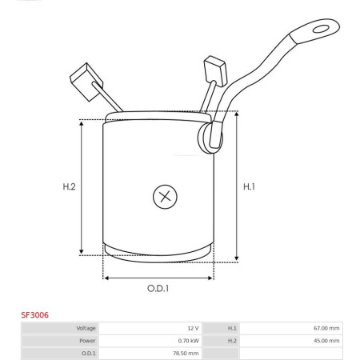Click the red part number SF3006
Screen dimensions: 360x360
34,315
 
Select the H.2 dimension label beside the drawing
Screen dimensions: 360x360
69,186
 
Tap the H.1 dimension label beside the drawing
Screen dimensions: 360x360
249,186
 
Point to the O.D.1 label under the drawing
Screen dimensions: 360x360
158,288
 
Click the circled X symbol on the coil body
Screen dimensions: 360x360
165,197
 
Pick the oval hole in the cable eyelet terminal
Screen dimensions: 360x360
321,29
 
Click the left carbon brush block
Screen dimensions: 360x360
86,82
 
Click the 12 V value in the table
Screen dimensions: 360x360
193,328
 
